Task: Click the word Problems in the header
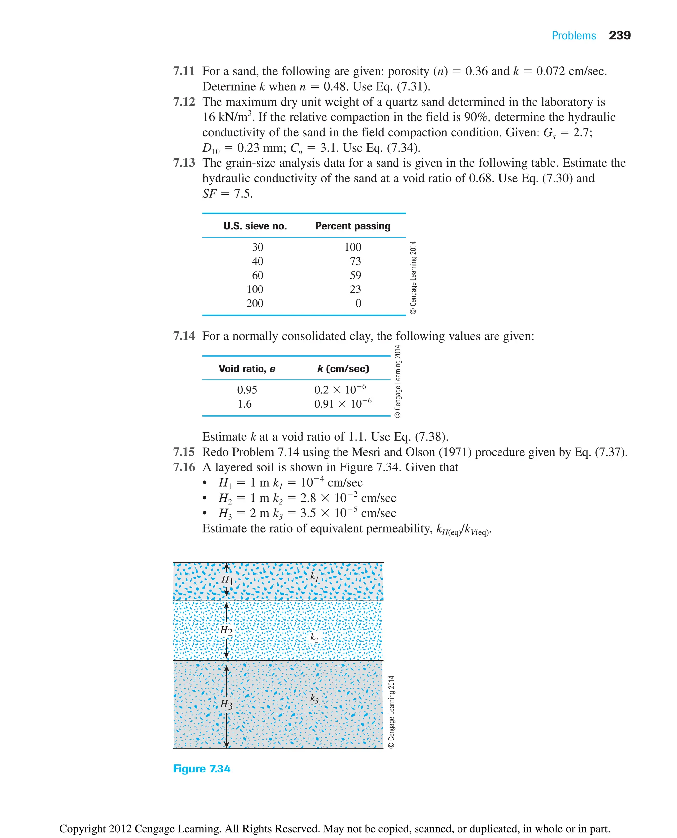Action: click(x=573, y=36)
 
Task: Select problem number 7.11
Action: click(x=184, y=71)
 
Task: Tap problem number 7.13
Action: click(x=184, y=163)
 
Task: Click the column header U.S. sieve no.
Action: click(x=255, y=226)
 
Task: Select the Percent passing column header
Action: click(x=352, y=226)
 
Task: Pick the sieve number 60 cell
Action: click(x=258, y=275)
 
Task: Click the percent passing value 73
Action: click(x=355, y=261)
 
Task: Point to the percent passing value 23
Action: click(x=355, y=289)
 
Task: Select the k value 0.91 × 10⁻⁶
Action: click(x=342, y=404)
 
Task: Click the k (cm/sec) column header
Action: click(x=343, y=369)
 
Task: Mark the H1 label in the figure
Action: click(x=227, y=580)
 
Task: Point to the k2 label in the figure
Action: click(x=314, y=638)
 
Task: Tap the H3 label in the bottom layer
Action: click(x=226, y=704)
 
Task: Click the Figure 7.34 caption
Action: click(x=202, y=769)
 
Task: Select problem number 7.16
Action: click(x=184, y=467)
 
